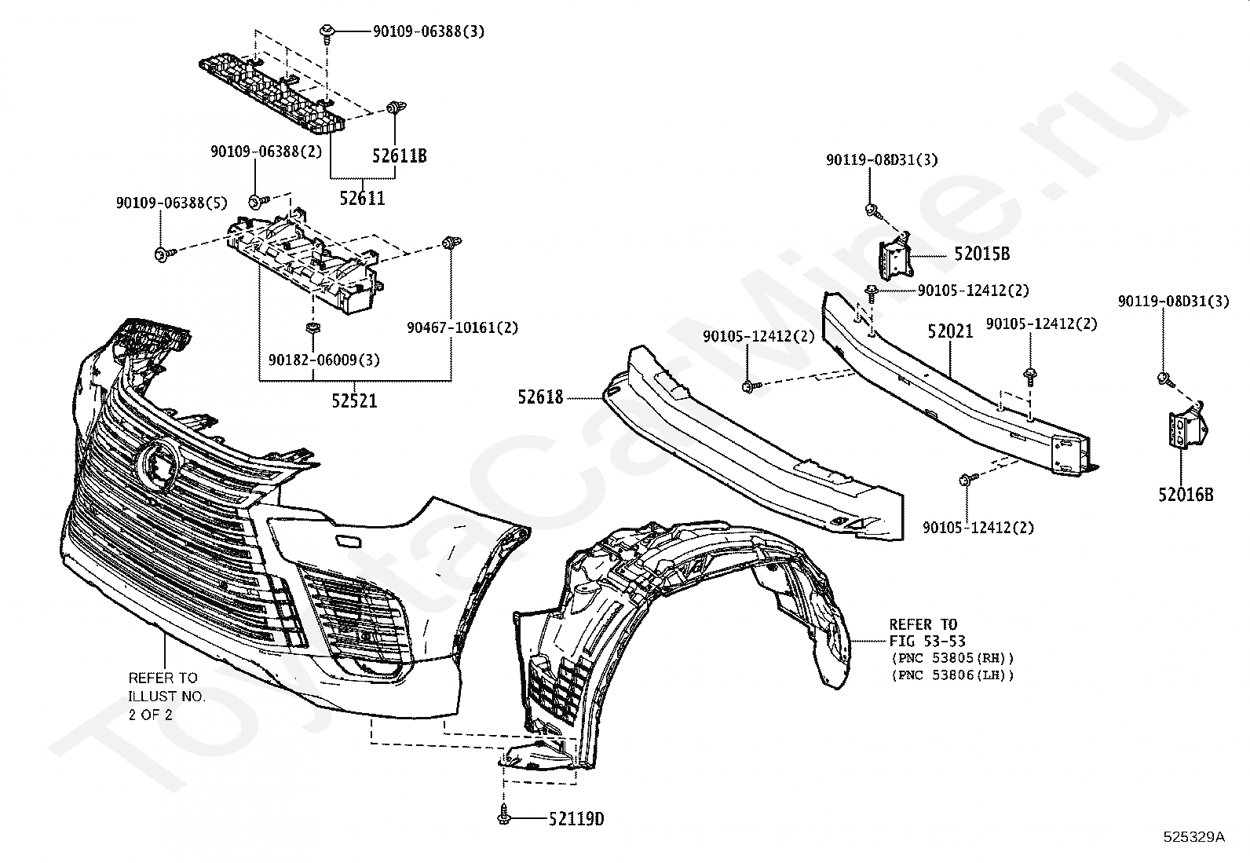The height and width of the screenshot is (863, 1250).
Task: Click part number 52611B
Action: click(399, 155)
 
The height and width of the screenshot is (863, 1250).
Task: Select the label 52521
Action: click(354, 400)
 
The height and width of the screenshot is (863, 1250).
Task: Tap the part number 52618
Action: click(540, 397)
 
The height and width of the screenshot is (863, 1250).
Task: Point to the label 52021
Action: click(950, 331)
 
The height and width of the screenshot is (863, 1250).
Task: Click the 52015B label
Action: click(981, 254)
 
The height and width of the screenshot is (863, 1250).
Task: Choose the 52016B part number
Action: click(1186, 495)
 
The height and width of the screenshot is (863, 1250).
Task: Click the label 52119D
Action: click(576, 819)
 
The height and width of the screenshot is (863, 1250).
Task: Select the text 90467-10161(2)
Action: click(462, 327)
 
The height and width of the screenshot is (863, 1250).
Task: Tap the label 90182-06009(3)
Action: click(323, 360)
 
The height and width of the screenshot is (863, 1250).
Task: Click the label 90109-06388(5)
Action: click(171, 203)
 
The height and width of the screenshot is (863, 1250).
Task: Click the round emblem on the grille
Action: click(158, 464)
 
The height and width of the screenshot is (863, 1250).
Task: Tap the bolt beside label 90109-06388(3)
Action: click(326, 31)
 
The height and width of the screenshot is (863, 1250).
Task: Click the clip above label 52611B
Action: click(397, 108)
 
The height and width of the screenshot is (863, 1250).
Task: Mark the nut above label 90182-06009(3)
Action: click(312, 327)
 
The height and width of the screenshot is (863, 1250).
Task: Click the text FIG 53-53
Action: click(927, 641)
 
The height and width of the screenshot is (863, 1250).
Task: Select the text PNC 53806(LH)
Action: click(953, 675)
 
